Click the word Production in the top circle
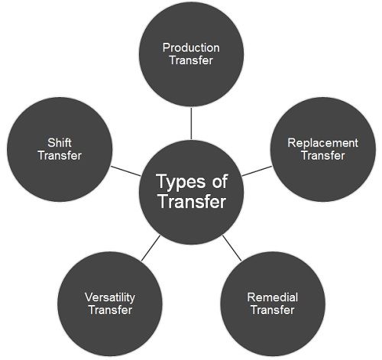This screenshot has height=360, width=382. pos(191,47)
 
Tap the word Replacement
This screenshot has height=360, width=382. pos(322,143)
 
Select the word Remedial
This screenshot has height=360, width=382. pos(273,297)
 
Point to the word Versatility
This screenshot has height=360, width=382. pos(110,298)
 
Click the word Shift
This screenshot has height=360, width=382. pos(60,143)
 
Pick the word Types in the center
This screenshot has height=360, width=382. pos(182,182)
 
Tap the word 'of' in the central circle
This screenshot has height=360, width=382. pos(220,181)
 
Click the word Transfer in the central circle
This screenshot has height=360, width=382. pos(192,201)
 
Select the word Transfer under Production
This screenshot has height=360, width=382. pos(191,60)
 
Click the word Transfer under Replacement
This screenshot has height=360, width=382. pos(323,155)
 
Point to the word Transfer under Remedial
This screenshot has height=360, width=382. pos(273,310)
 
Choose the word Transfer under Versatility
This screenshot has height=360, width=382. pos(110,310)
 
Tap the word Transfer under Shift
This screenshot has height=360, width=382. pos(60,155)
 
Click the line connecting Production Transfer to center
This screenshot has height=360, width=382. pos(191,124)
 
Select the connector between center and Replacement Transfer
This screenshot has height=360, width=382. pos(257,171)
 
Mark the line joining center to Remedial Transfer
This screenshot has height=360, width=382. pos(231,248)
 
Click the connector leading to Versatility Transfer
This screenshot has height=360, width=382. pos(151,248)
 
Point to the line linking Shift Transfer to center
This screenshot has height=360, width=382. pos(126,171)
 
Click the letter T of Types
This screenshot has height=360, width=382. pos(162,181)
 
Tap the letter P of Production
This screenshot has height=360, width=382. pos(167,47)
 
